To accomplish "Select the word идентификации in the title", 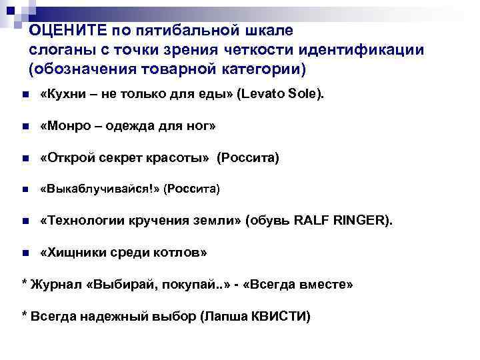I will (x=361, y=50).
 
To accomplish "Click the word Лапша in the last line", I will (x=224, y=316).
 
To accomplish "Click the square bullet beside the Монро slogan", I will (x=25, y=127).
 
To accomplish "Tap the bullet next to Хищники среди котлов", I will (x=25, y=253).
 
